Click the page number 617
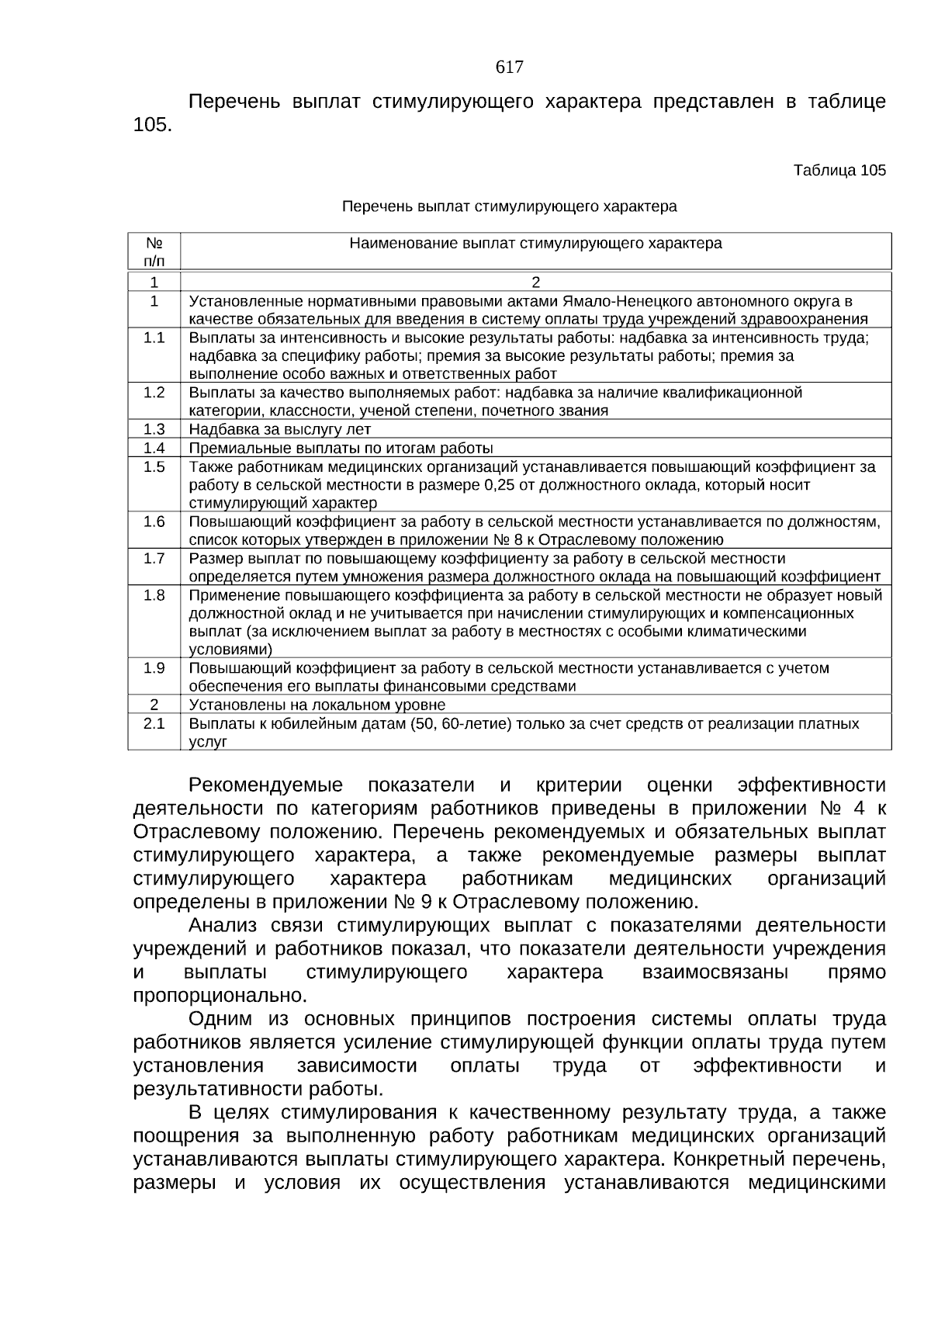(x=509, y=68)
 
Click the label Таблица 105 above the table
(x=839, y=170)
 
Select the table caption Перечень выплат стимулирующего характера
(x=510, y=206)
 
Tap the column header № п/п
(x=154, y=251)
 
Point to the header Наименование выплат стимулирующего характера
(x=535, y=244)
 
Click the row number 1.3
(x=154, y=429)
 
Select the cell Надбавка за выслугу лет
(x=280, y=429)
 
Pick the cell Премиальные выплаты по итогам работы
(x=341, y=448)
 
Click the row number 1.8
(x=154, y=595)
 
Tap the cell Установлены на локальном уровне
(x=317, y=705)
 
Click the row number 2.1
(x=154, y=723)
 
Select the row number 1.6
(x=154, y=522)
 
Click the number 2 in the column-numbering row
(x=535, y=282)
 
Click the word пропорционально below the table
(x=220, y=995)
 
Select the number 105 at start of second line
(x=152, y=125)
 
